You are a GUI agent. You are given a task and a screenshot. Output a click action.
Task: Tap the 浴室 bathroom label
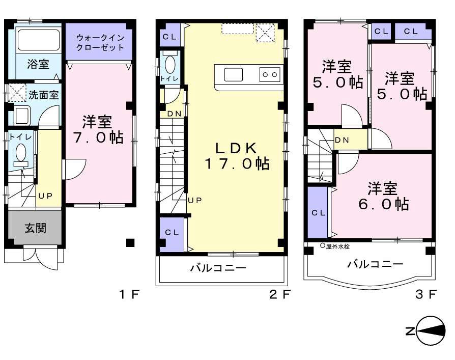38,64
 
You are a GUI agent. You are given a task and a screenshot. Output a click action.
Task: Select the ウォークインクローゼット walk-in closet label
100,42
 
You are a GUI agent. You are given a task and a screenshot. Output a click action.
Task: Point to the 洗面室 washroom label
43,94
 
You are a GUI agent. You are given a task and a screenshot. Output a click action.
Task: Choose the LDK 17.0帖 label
237,156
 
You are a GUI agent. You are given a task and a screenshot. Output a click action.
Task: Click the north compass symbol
429,331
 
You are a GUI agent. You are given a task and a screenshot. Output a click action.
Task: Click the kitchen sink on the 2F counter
234,74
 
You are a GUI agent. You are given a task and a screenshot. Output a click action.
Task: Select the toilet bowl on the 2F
170,65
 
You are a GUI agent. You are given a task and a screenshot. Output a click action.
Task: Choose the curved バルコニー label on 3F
375,264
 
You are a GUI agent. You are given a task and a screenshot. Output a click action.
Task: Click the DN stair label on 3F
341,140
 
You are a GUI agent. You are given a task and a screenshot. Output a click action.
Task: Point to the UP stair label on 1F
43,195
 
